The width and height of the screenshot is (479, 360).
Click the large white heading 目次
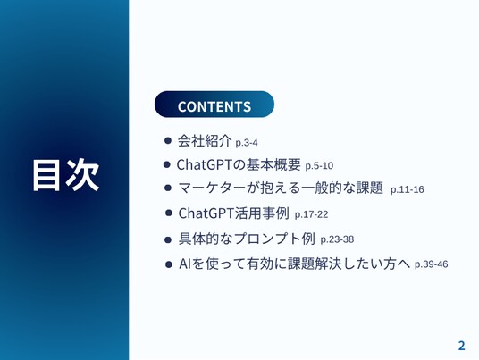[66, 175]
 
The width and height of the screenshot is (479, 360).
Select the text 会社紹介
[205, 141]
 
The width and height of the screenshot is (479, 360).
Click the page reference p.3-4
[247, 143]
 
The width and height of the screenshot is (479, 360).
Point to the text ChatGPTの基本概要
[239, 164]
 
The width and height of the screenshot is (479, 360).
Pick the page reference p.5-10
[319, 166]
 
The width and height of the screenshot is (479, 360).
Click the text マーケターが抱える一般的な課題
[281, 188]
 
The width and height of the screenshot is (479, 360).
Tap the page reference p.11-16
[408, 189]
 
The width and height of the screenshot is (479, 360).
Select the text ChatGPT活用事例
[234, 213]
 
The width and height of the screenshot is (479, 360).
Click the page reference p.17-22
[311, 214]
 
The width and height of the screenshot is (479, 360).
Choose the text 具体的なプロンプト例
[247, 239]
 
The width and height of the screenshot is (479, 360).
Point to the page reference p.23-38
[337, 239]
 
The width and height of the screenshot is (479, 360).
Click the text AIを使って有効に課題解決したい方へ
[295, 264]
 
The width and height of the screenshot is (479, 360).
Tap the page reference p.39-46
[432, 264]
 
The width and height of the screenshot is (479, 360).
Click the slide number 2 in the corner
[462, 346]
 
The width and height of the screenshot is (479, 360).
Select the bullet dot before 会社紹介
[168, 140]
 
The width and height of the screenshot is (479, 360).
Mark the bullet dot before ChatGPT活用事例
[169, 213]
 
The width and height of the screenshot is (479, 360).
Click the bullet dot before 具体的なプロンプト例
[168, 240]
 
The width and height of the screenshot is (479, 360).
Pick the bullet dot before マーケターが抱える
[168, 188]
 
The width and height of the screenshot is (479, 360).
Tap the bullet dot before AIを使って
[169, 264]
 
